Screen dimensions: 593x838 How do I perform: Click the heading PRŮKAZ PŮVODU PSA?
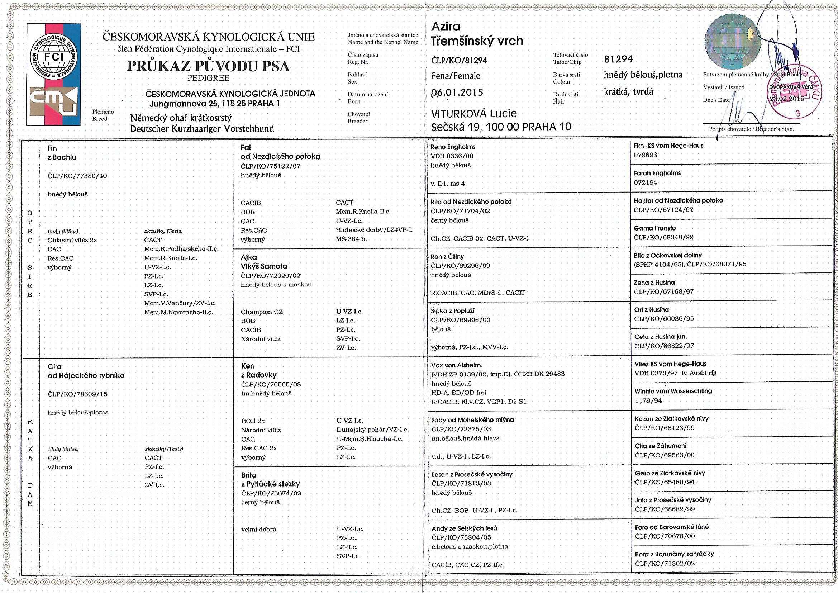(x=208, y=66)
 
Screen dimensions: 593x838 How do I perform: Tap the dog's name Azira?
(x=446, y=27)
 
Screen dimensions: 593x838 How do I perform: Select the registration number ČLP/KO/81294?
(x=459, y=61)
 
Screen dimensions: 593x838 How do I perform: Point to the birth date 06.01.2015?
(x=457, y=92)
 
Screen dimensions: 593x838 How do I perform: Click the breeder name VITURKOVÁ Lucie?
(x=474, y=114)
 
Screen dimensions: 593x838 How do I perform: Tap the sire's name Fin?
(x=52, y=148)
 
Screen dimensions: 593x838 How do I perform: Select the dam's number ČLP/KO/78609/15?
(x=77, y=394)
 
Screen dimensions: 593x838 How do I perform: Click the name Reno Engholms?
(x=453, y=147)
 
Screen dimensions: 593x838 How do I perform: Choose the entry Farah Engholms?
(x=657, y=173)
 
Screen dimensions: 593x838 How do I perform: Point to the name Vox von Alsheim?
(x=456, y=365)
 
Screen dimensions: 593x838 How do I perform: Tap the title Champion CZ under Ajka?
(x=262, y=312)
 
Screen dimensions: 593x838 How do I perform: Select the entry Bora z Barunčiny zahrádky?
(x=674, y=554)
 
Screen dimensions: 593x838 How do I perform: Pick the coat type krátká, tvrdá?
(x=629, y=92)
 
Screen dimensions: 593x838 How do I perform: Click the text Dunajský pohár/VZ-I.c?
(x=372, y=430)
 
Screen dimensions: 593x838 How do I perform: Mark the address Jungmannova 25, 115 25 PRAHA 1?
(x=215, y=103)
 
